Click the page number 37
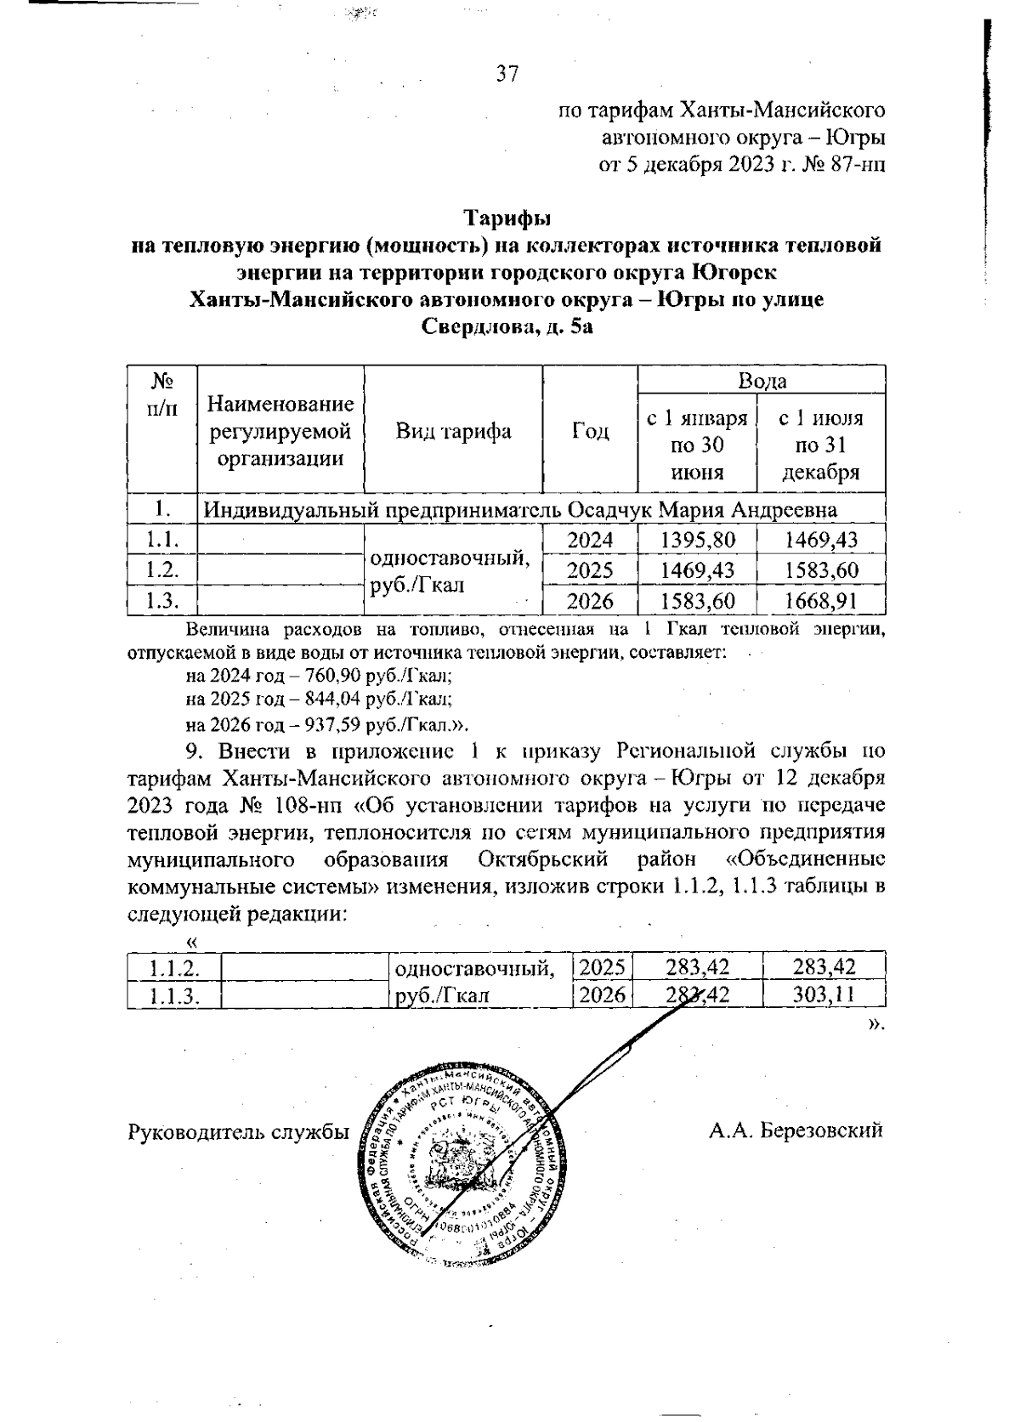507,74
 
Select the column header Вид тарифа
453,432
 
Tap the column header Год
590,432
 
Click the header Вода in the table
762,381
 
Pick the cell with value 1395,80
697,540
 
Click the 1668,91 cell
820,602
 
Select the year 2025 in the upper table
590,570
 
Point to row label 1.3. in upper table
161,602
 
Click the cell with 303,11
823,994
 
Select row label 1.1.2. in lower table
173,967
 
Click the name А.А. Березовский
796,1130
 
